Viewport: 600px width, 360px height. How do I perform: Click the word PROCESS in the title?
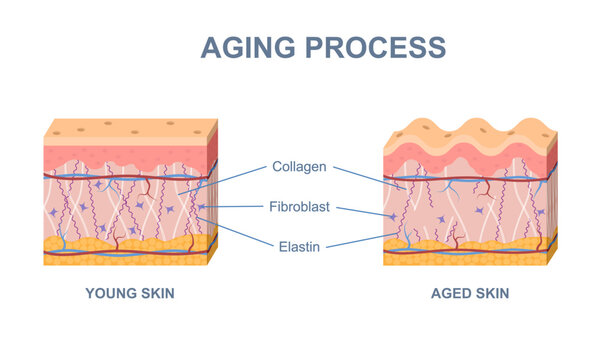click(x=376, y=47)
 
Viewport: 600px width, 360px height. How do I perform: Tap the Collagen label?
click(x=299, y=168)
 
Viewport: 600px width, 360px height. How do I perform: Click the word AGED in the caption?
click(x=454, y=294)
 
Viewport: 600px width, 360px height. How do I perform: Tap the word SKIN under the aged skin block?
click(x=495, y=294)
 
